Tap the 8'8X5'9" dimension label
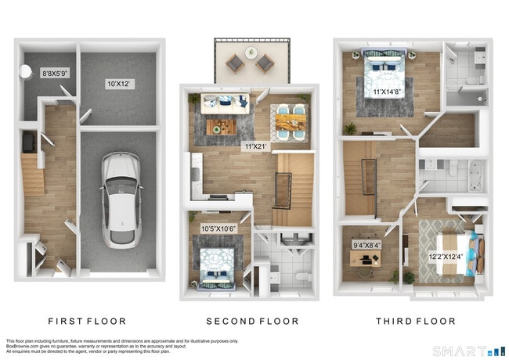(x=56, y=74)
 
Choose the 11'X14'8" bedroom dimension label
(x=388, y=91)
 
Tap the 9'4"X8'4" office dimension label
(x=366, y=245)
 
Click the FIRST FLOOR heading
(x=87, y=322)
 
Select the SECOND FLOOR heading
(x=251, y=322)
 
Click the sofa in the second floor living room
(x=226, y=103)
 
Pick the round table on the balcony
(x=251, y=53)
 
